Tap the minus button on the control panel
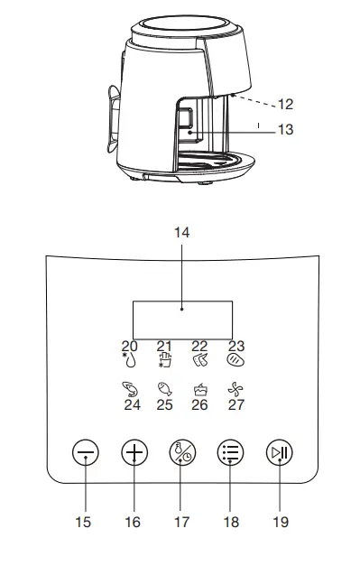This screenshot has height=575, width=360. (x=86, y=452)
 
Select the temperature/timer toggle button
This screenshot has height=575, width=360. (x=182, y=452)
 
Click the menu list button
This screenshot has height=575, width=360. (x=230, y=452)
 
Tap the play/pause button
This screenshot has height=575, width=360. (x=280, y=452)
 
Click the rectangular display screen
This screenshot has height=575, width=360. (x=182, y=320)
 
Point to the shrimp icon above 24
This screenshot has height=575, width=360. (x=130, y=389)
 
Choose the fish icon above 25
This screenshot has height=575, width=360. (x=164, y=389)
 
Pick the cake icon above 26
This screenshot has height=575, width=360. (x=200, y=389)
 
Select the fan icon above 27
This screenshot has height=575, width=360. (x=235, y=389)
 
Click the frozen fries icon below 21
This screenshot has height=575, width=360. (x=165, y=360)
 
